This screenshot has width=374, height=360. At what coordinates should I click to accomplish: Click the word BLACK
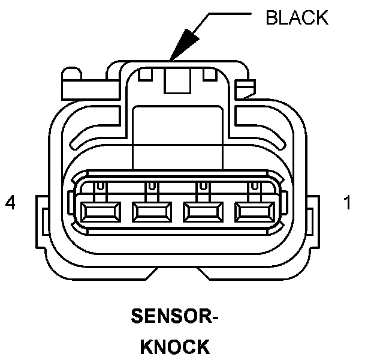click(x=297, y=18)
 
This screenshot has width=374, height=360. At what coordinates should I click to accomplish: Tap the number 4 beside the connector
click(x=10, y=204)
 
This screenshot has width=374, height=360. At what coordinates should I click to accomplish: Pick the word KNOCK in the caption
click(x=175, y=346)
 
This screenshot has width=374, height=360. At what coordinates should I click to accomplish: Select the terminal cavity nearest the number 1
click(x=254, y=211)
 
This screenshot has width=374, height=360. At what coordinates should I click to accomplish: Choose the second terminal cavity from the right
click(x=202, y=211)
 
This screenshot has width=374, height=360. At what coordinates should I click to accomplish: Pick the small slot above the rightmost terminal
click(x=254, y=187)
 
